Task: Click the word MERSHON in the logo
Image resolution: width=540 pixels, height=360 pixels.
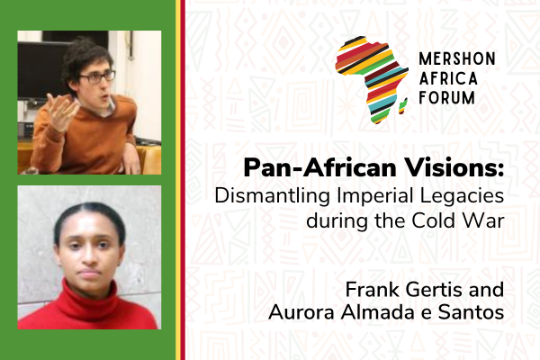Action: tap(457, 58)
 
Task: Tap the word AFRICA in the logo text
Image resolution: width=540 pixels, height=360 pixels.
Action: tap(448, 78)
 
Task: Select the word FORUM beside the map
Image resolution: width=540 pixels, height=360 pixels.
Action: tap(446, 97)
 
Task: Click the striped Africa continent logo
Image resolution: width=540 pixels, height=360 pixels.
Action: tap(372, 80)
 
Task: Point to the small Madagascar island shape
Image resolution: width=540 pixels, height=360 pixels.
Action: tap(403, 106)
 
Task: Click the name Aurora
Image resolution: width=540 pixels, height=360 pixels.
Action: tap(301, 313)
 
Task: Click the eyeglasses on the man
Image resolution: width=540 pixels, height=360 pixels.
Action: tap(97, 76)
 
